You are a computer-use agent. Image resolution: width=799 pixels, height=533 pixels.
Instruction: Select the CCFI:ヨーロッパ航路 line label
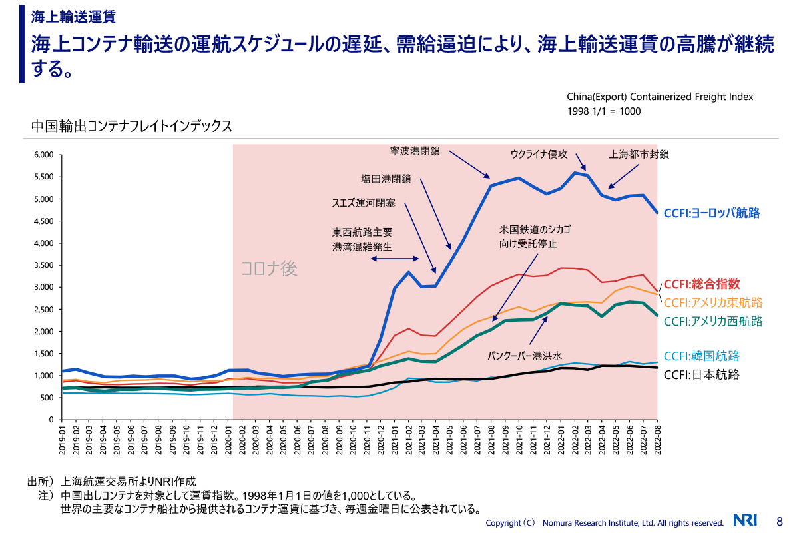(712, 213)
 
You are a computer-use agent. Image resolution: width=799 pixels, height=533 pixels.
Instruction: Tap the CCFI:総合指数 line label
(702, 283)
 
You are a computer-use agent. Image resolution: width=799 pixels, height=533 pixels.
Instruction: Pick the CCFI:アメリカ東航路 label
(713, 302)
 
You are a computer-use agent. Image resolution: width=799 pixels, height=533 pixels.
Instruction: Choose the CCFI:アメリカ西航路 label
(713, 321)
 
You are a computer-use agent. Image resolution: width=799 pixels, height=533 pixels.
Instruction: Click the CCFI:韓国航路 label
(702, 356)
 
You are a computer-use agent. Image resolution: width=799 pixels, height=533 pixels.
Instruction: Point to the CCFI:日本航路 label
(702, 374)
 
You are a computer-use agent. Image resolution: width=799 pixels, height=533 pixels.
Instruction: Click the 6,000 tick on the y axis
(43, 155)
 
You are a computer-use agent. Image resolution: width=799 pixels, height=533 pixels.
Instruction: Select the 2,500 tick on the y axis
(43, 309)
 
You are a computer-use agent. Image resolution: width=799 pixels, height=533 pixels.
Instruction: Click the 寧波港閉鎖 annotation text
(415, 151)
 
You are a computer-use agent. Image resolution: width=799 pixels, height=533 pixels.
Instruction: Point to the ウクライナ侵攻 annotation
(539, 154)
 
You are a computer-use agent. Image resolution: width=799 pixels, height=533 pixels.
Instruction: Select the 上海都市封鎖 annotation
(639, 154)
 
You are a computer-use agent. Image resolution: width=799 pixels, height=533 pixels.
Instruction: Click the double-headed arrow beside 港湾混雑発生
(395, 259)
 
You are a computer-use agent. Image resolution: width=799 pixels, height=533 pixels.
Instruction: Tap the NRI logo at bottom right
(746, 520)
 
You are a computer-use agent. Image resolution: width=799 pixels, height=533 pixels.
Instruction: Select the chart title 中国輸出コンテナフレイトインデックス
(132, 125)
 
